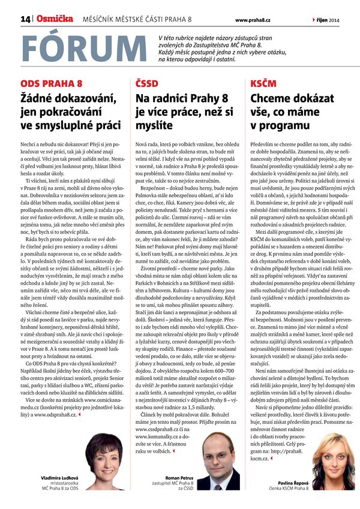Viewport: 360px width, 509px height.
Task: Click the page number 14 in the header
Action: coord(25,20)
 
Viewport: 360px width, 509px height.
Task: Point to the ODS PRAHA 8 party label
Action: coord(51,83)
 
